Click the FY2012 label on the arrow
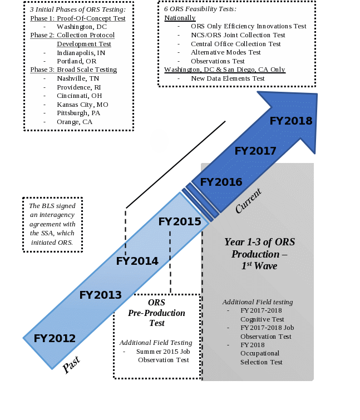click(x=55, y=338)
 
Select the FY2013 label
click(x=100, y=295)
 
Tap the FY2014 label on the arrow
click(x=137, y=260)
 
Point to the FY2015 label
click(x=180, y=221)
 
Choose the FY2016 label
click(x=221, y=182)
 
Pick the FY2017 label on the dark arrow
click(x=255, y=151)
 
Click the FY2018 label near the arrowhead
click(x=290, y=121)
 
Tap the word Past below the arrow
click(x=71, y=365)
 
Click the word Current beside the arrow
click(x=248, y=201)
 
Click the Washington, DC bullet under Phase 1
click(x=82, y=27)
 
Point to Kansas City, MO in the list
click(x=82, y=105)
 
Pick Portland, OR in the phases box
click(x=76, y=61)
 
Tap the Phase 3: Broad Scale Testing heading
click(x=73, y=70)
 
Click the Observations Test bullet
click(x=218, y=61)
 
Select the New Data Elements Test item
click(x=228, y=78)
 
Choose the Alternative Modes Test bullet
click(x=225, y=52)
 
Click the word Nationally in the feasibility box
click(x=180, y=18)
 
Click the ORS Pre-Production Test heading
click(x=156, y=313)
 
